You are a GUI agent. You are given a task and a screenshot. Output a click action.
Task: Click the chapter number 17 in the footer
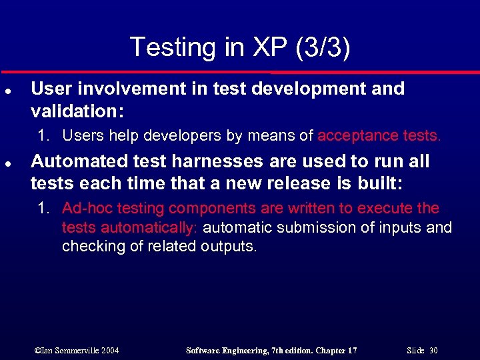[351, 350]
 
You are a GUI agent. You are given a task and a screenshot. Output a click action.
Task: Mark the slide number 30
[434, 350]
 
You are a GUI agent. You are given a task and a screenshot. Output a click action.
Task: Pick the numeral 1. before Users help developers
[44, 136]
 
